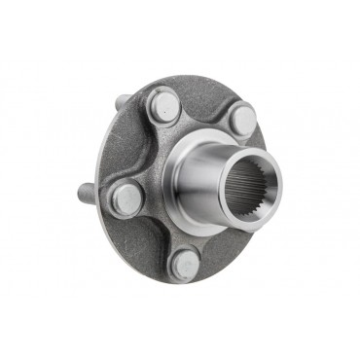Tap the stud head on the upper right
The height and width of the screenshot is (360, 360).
[241, 121]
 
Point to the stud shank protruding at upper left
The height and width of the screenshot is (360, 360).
[120, 102]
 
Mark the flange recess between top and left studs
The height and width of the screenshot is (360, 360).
[136, 146]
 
